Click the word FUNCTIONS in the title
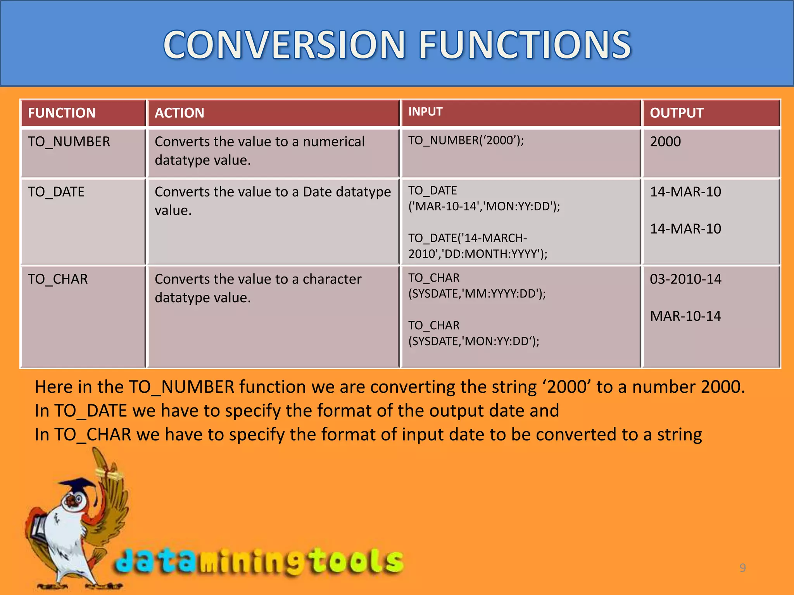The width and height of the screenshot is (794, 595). point(525,45)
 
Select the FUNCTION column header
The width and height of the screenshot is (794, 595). point(62,113)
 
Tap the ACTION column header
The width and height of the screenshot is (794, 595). point(179,113)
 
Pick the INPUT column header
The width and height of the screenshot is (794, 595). point(425,112)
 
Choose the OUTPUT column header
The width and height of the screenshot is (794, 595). point(677,113)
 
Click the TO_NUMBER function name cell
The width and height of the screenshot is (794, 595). point(69,142)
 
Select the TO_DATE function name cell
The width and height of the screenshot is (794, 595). point(56,192)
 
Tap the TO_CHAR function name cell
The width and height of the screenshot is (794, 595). point(58,279)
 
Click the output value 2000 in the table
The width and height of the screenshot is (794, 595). point(665,142)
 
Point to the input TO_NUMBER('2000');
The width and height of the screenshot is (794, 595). point(466,141)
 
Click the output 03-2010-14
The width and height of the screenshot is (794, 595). point(685,279)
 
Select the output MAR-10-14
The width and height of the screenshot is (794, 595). point(685,316)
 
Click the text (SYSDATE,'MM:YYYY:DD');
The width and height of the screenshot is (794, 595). point(477,294)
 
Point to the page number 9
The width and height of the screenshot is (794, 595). point(742,568)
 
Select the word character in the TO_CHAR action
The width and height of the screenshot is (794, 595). point(332,279)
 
